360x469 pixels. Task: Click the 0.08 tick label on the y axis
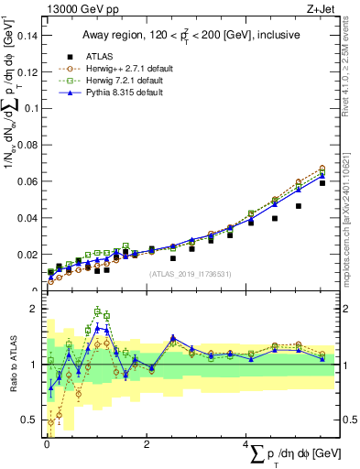click(27, 146)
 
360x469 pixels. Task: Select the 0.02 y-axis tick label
click(27, 255)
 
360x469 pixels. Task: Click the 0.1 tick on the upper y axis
click(30, 109)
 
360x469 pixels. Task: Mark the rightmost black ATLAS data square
click(322, 183)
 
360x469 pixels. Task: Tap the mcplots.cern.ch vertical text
click(345, 211)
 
